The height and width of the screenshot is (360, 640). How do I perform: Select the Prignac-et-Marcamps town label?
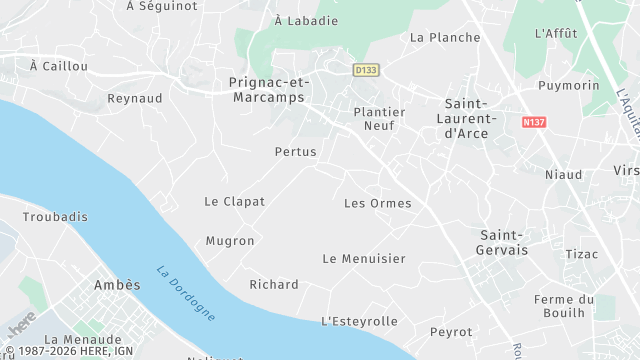click(x=270, y=89)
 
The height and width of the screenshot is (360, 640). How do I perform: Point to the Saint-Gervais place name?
click(x=502, y=241)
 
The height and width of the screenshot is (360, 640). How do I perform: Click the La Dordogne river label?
click(x=186, y=294)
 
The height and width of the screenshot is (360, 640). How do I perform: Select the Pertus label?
click(x=295, y=152)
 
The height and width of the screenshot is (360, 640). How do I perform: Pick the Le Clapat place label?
click(x=235, y=201)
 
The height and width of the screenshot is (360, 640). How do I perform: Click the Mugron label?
click(x=230, y=241)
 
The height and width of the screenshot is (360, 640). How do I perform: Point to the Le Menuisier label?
click(x=364, y=259)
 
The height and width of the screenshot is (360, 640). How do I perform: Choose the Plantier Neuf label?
click(x=380, y=119)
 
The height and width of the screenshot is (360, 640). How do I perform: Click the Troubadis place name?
click(x=55, y=217)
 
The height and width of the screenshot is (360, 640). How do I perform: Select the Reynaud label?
click(x=135, y=98)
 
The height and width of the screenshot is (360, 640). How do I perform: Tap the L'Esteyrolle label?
click(x=359, y=321)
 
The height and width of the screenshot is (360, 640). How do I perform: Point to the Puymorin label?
click(x=569, y=86)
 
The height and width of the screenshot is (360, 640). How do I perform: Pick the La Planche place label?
click(x=445, y=38)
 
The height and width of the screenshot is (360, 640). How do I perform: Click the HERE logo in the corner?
click(x=22, y=326)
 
